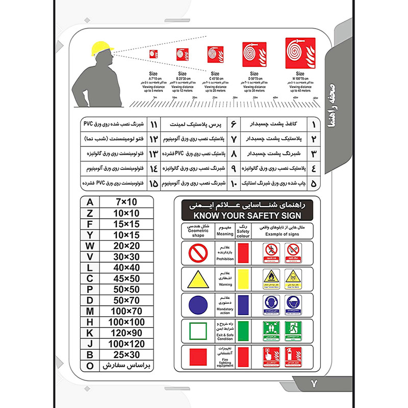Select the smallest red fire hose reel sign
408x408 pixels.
153,53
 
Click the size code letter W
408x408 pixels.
91,246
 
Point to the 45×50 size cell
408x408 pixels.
127,278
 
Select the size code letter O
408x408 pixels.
91,365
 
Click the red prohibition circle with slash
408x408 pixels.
197,252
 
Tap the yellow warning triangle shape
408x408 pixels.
197,279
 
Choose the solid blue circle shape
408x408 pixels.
197,305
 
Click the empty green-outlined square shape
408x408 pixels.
197,331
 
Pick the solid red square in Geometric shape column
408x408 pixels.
197,356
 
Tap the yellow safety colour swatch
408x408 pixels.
243,278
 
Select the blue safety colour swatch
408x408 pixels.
243,304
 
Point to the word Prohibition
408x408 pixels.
225,259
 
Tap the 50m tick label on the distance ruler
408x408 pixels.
316,97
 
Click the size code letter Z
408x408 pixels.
91,213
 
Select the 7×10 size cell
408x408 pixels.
127,202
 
